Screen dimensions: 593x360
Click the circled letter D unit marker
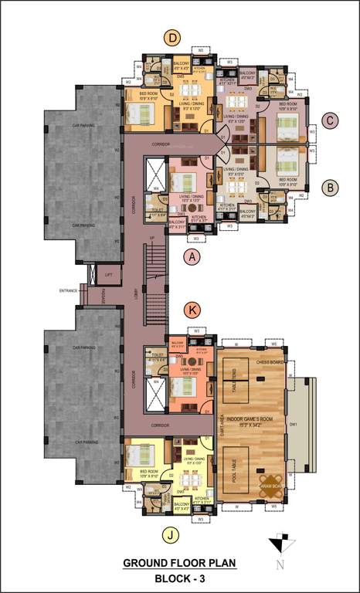(173, 36)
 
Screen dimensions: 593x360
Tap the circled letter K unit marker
(193, 310)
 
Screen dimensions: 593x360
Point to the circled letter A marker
(192, 255)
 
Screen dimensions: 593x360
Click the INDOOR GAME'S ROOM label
(256, 420)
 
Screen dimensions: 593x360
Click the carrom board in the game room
(271, 483)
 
